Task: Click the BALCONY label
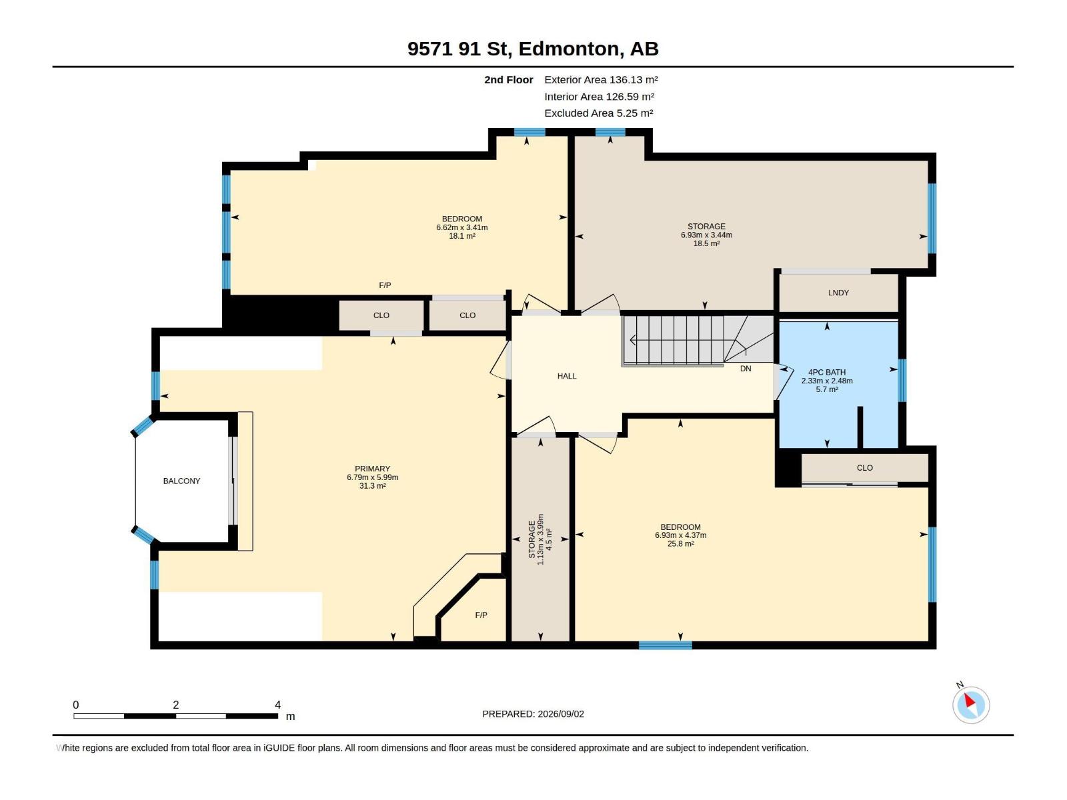(x=181, y=481)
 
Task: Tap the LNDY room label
(x=838, y=293)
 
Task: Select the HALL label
(x=567, y=376)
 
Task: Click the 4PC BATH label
(x=827, y=372)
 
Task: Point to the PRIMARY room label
(x=372, y=469)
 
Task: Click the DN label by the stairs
(x=746, y=369)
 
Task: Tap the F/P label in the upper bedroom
(x=385, y=285)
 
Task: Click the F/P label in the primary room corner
(x=481, y=615)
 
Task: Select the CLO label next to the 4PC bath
(x=865, y=468)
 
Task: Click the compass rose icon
(x=971, y=705)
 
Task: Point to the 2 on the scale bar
(x=176, y=705)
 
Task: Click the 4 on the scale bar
(x=277, y=705)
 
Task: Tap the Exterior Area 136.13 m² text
(x=601, y=79)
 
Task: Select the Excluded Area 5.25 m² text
(x=598, y=113)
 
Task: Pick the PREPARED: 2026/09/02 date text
(x=533, y=714)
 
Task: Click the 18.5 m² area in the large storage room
(x=706, y=243)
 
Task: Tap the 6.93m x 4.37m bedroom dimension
(x=681, y=535)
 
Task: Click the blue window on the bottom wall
(x=665, y=645)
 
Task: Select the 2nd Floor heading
(x=508, y=79)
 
